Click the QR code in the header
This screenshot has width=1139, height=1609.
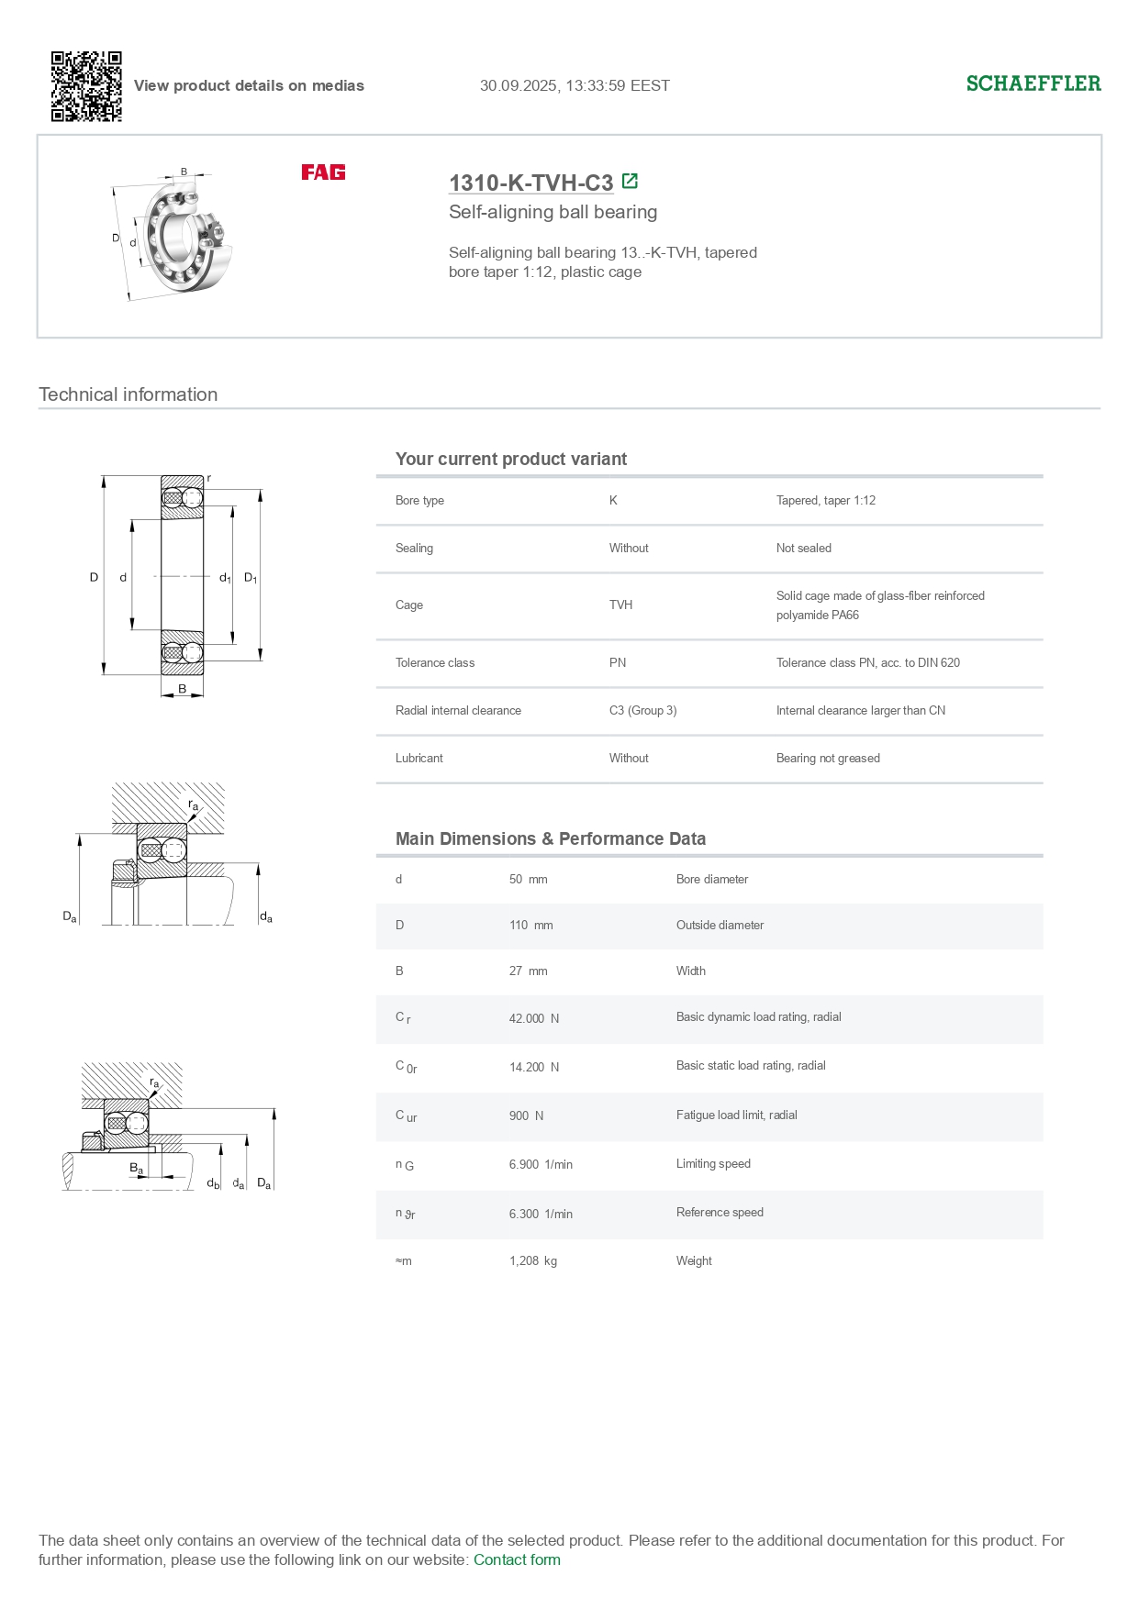86,86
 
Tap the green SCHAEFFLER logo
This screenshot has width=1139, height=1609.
1033,83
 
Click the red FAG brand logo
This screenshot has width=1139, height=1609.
323,172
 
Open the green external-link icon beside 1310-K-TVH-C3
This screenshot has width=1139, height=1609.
630,181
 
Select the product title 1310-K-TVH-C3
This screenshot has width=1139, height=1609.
530,183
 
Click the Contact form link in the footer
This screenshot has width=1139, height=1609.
517,1559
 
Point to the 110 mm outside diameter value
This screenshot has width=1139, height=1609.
530,925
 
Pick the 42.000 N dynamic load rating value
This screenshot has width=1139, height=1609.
533,1018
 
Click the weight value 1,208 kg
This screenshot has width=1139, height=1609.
532,1260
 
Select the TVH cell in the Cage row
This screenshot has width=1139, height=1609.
620,605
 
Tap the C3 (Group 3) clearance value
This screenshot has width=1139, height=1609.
642,710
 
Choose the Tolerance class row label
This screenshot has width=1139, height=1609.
435,662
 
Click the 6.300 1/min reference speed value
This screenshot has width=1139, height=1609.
541,1214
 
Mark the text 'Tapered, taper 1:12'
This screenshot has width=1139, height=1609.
825,500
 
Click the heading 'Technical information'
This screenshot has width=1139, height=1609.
128,394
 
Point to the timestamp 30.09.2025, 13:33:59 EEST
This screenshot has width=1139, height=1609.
575,85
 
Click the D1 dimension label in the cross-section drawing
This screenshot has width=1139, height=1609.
250,578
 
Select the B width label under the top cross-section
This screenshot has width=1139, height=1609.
182,689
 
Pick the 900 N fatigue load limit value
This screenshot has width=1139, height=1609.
526,1115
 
